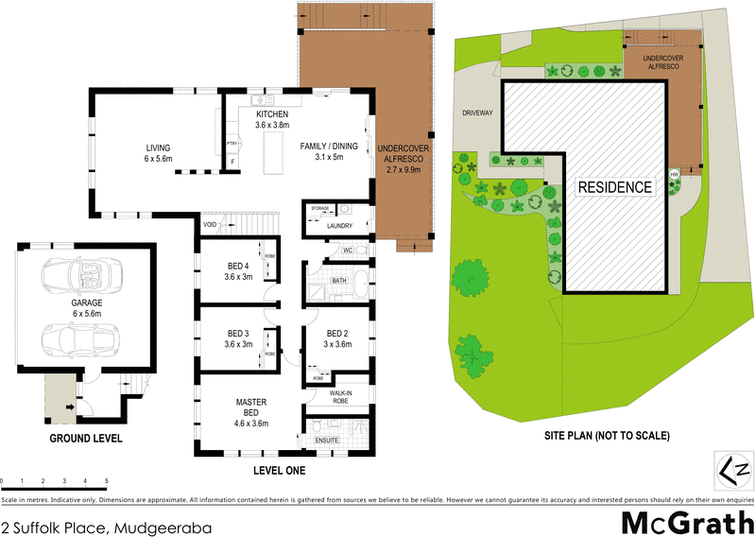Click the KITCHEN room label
(x=271, y=114)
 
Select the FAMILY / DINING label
(x=329, y=147)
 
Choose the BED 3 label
(x=238, y=333)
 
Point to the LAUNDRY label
(x=338, y=226)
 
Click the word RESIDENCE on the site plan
(x=615, y=187)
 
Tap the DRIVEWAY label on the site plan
(x=478, y=113)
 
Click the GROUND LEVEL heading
(x=88, y=439)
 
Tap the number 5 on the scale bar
(x=107, y=482)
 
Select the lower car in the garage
(x=81, y=337)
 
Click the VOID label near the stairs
(x=210, y=225)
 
